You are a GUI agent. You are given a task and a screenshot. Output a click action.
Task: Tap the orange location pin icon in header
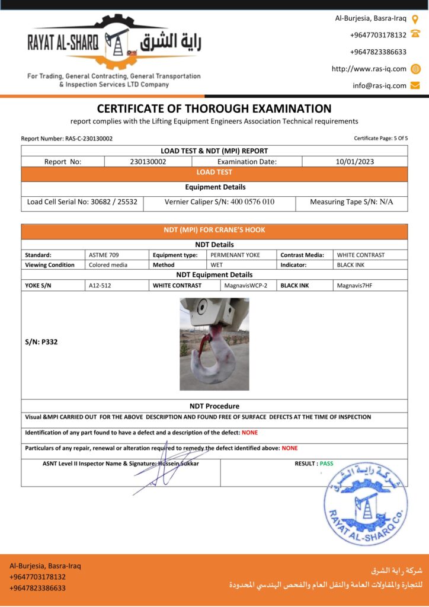click(x=415, y=18)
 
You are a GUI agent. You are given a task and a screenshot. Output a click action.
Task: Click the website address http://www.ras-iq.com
click(x=369, y=69)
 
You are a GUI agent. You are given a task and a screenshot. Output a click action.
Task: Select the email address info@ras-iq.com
click(x=379, y=85)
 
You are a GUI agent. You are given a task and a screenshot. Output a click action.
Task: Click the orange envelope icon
click(x=415, y=85)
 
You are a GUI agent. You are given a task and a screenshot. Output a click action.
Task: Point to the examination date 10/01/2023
click(x=354, y=161)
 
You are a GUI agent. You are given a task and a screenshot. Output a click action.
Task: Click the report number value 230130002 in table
click(x=148, y=161)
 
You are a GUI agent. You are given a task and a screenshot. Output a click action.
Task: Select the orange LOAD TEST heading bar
click(x=214, y=172)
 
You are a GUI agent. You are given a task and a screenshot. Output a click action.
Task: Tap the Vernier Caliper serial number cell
click(x=219, y=202)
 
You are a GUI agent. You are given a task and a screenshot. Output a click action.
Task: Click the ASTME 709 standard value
click(x=104, y=255)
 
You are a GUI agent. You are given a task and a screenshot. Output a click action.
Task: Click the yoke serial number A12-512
click(x=100, y=285)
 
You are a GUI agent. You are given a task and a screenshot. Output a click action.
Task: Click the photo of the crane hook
click(x=214, y=344)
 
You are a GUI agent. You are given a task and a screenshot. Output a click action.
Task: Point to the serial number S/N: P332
click(x=41, y=342)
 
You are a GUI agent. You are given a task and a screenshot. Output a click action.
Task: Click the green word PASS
click(x=326, y=464)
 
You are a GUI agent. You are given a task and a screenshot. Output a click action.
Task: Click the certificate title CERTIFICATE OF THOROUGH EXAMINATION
click(x=214, y=108)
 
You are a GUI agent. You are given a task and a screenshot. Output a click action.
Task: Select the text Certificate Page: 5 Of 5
click(x=380, y=139)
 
